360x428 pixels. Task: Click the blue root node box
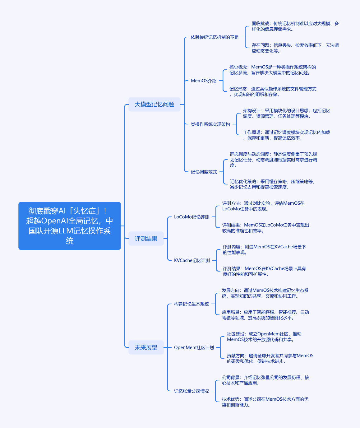pos(69,226)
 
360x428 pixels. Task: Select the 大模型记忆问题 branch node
pos(154,104)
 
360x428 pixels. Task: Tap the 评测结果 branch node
pos(146,238)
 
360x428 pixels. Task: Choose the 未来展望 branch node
pos(146,347)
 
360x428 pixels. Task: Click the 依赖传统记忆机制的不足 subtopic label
pos(215,37)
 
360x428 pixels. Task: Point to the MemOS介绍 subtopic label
pos(203,81)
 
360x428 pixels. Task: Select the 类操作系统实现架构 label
pos(210,124)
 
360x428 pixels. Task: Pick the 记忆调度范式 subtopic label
pos(204,172)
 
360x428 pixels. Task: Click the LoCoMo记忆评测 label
pos(192,217)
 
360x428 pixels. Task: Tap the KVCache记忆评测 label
pos(192,260)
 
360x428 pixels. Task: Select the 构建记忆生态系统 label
pos(192,304)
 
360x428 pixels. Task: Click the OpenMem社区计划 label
pos(194,347)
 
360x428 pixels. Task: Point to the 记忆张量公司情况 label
pos(192,391)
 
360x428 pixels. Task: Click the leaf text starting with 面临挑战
pos(295,26)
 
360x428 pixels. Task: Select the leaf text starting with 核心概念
pos(273,70)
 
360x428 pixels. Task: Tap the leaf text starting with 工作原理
pos(287,135)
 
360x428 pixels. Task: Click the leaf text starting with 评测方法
pos(263,206)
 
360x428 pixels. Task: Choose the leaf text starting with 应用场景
pos(265,315)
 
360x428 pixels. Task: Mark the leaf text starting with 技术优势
pos(265,402)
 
